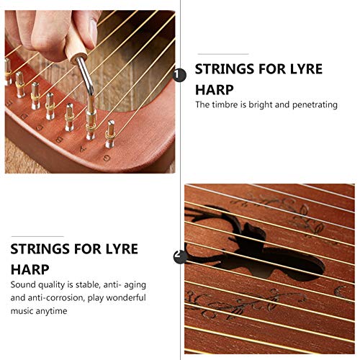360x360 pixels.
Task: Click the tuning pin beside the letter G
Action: (x=110, y=134)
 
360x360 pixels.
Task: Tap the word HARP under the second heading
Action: (x=30, y=269)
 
